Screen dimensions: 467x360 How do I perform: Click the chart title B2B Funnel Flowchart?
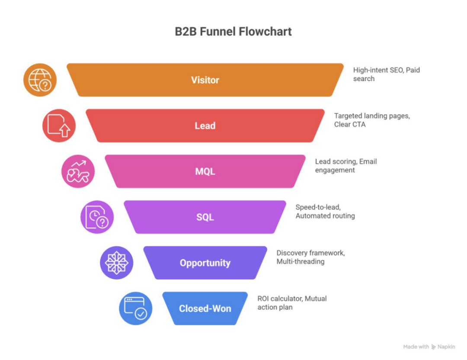coord(233,32)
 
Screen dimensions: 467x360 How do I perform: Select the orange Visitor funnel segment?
coord(205,80)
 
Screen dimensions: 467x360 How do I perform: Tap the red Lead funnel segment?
coord(205,125)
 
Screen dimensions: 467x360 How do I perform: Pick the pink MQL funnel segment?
coord(205,171)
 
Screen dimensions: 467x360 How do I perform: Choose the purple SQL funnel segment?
coord(205,217)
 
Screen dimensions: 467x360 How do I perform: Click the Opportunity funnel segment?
coord(205,263)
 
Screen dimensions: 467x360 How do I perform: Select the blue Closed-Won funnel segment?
coord(205,309)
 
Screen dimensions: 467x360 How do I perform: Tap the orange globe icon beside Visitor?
coord(40,80)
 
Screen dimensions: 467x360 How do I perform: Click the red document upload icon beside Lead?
coord(59,125)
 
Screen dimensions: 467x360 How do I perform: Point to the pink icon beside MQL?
coord(78,171)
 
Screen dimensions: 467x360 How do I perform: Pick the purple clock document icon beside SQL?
coord(97,217)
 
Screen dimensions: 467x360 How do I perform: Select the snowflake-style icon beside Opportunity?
coord(116,263)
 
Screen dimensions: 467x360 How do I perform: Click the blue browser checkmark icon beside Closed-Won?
coord(135,309)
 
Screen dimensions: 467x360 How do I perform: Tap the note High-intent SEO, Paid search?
coord(386,74)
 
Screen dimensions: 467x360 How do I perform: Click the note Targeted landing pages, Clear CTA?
coord(372,120)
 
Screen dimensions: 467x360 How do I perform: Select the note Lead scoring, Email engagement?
coord(346,166)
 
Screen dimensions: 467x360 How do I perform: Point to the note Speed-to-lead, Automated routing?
coord(325,211)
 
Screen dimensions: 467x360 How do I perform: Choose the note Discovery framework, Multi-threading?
coord(310,257)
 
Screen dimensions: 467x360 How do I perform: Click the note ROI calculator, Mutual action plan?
coord(292,303)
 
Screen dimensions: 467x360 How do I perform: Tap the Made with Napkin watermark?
coord(429,347)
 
